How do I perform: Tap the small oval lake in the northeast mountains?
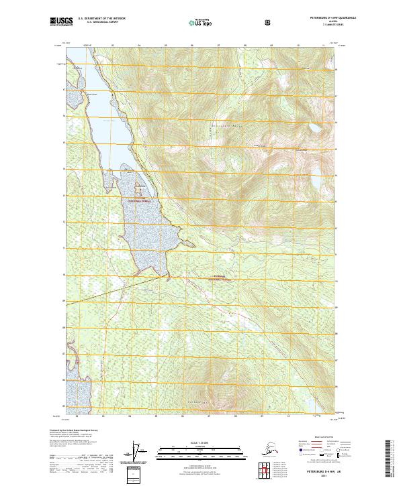coord(313,127)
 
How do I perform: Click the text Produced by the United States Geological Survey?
coord(70,430)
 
